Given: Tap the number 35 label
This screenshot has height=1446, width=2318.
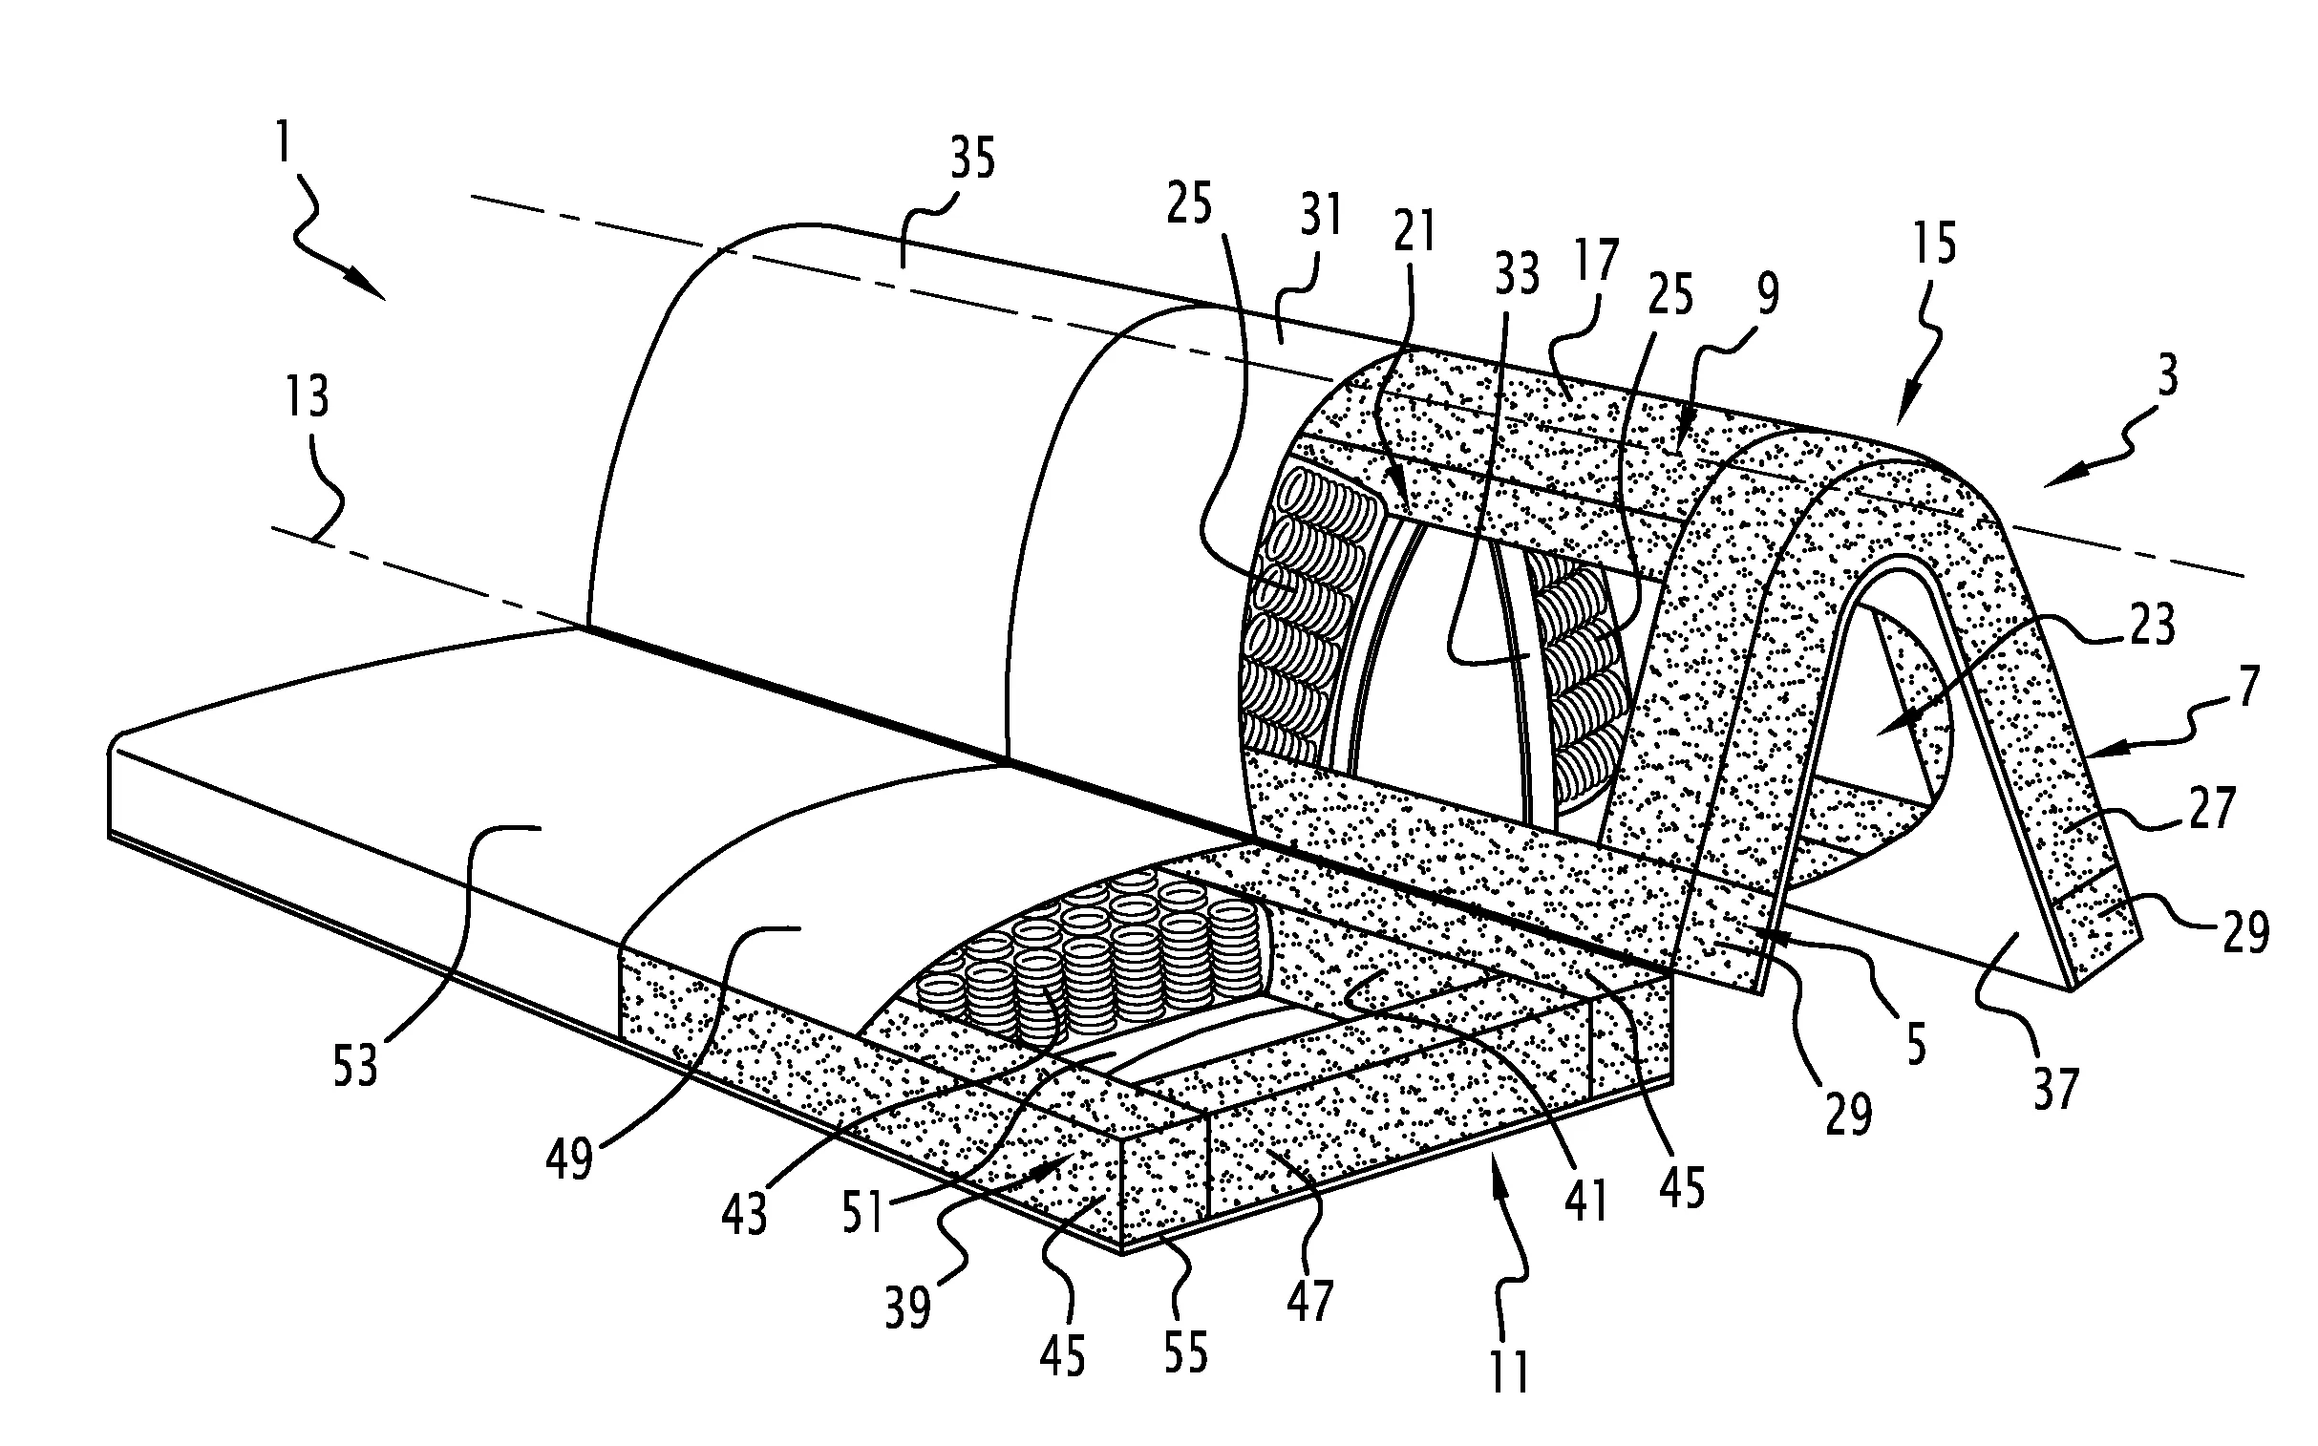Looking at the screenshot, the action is point(972,158).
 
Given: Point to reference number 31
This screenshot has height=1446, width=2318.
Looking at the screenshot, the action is point(1321,216).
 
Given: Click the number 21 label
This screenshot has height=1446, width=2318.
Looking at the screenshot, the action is point(1414,230).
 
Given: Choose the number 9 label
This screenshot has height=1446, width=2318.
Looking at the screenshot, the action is point(1768,293).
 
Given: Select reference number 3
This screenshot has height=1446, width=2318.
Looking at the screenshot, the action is point(2168,376).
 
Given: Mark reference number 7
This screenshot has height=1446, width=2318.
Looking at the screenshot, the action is point(2248,686).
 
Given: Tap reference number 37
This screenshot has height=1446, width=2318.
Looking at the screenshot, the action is point(2055,1088).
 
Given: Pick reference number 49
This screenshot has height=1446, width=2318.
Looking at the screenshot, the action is point(570,1160).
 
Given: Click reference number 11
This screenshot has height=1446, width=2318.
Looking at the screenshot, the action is point(1509,1371).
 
